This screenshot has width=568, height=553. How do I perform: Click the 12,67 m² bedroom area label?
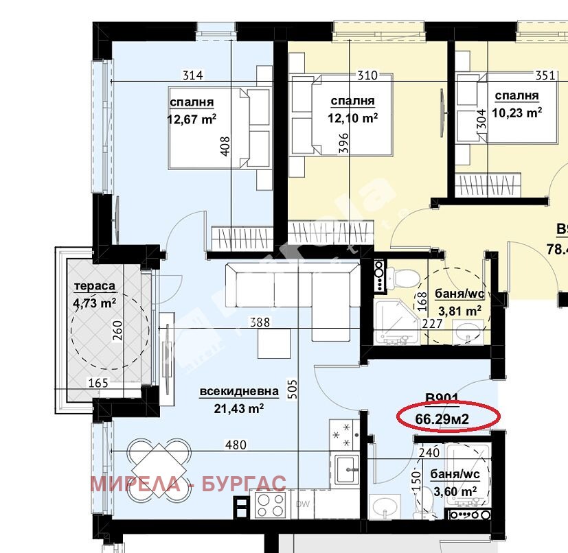point(192,118)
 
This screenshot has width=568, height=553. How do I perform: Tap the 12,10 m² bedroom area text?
point(352,117)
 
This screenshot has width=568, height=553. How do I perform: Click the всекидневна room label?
point(239,392)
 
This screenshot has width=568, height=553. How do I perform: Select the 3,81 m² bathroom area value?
point(459,309)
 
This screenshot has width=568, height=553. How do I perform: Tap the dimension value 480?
point(236,445)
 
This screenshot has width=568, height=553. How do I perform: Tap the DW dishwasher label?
point(303,504)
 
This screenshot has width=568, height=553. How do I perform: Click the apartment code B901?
point(442,398)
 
